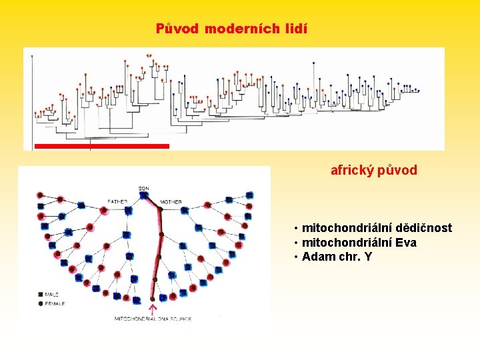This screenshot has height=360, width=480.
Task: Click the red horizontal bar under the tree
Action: click(x=101, y=145)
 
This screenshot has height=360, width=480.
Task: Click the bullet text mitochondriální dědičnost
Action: click(x=377, y=228)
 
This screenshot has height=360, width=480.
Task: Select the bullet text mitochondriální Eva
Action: click(x=359, y=243)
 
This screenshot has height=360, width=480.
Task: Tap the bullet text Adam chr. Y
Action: click(x=337, y=257)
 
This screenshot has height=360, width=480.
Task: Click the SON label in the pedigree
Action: click(x=144, y=189)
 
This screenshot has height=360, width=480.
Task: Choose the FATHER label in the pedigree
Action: click(x=117, y=202)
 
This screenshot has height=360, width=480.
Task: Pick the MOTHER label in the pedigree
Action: click(x=171, y=202)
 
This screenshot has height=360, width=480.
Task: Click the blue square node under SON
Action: click(x=144, y=195)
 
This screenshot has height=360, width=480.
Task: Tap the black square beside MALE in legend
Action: click(x=41, y=293)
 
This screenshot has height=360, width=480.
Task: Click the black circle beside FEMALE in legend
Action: click(x=41, y=303)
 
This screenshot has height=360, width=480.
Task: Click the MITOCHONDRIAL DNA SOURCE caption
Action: click(x=153, y=319)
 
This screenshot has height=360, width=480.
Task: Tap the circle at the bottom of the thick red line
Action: click(x=153, y=299)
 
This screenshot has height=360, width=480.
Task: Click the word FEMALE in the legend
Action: click(x=56, y=303)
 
